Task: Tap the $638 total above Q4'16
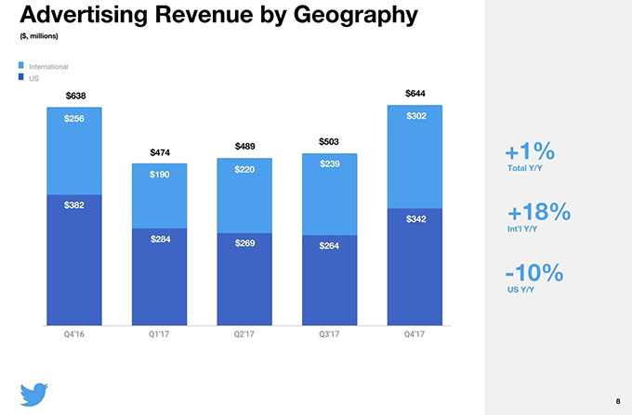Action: pos(74,96)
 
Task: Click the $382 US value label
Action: pos(74,205)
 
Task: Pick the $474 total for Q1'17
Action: pos(160,152)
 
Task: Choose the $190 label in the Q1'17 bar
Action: pos(160,175)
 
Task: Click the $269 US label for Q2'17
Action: pos(245,243)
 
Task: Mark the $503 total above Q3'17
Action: pos(329,142)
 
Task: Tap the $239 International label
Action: pos(329,164)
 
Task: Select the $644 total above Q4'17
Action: pos(415,94)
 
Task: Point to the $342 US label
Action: pos(415,218)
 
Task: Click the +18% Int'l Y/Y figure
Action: pos(537,212)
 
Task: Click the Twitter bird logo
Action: pos(34,392)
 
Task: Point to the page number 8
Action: pos(616,400)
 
